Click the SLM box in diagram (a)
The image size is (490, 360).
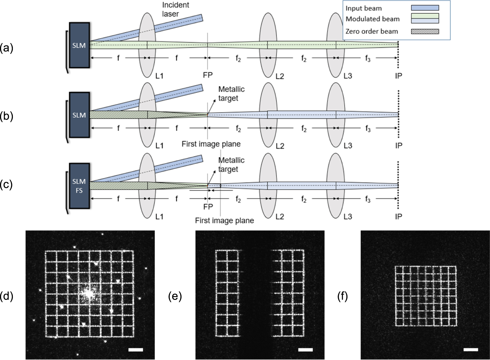(x=79, y=45)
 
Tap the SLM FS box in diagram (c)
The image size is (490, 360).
(x=79, y=186)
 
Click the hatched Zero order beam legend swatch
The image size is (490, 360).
(x=425, y=31)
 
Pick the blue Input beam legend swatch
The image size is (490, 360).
(x=425, y=8)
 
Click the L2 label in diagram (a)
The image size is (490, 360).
(x=280, y=76)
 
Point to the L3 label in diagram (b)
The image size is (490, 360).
(x=347, y=145)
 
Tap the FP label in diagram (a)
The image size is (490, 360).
(x=208, y=75)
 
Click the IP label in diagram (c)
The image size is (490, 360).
(x=398, y=216)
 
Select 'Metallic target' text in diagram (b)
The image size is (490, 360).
(x=231, y=94)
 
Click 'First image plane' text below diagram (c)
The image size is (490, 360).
(x=224, y=220)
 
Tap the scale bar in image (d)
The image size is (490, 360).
(x=136, y=350)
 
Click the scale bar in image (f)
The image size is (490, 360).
(x=471, y=350)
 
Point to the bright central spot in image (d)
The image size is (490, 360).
(x=89, y=294)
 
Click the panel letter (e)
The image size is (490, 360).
(x=175, y=297)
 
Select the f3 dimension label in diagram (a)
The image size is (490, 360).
(x=368, y=58)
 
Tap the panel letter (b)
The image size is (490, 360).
(x=6, y=116)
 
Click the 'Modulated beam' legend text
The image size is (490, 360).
(x=372, y=19)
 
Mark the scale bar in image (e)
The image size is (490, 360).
(x=305, y=350)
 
